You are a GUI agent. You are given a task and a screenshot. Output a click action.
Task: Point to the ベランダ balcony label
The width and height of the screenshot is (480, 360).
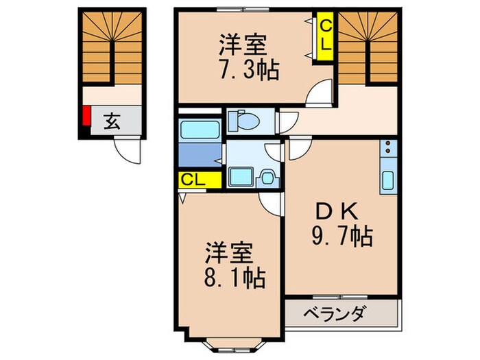pyautogui.click(x=336, y=315)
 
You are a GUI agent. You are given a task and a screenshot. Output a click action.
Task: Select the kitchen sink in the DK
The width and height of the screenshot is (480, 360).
pyautogui.click(x=388, y=180)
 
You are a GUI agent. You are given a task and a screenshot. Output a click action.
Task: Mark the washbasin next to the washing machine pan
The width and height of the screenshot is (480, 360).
pyautogui.click(x=267, y=177)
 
